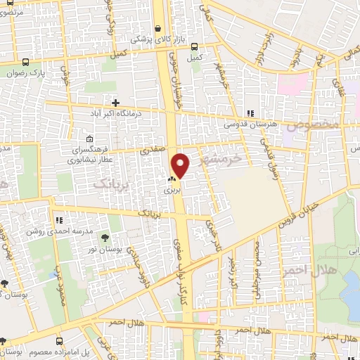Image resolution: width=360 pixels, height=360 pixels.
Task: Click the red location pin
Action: click(181, 165)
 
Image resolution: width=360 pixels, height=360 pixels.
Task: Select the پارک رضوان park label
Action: click(50, 72)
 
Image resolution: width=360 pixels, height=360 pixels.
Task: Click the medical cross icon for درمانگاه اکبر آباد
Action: click(115, 103)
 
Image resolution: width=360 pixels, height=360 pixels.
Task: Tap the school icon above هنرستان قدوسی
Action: click(250, 113)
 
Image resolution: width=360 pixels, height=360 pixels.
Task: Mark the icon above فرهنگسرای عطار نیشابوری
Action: click(89, 139)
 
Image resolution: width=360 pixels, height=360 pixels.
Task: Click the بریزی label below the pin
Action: click(172, 190)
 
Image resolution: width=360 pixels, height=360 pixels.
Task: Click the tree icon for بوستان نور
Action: click(105, 237)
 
